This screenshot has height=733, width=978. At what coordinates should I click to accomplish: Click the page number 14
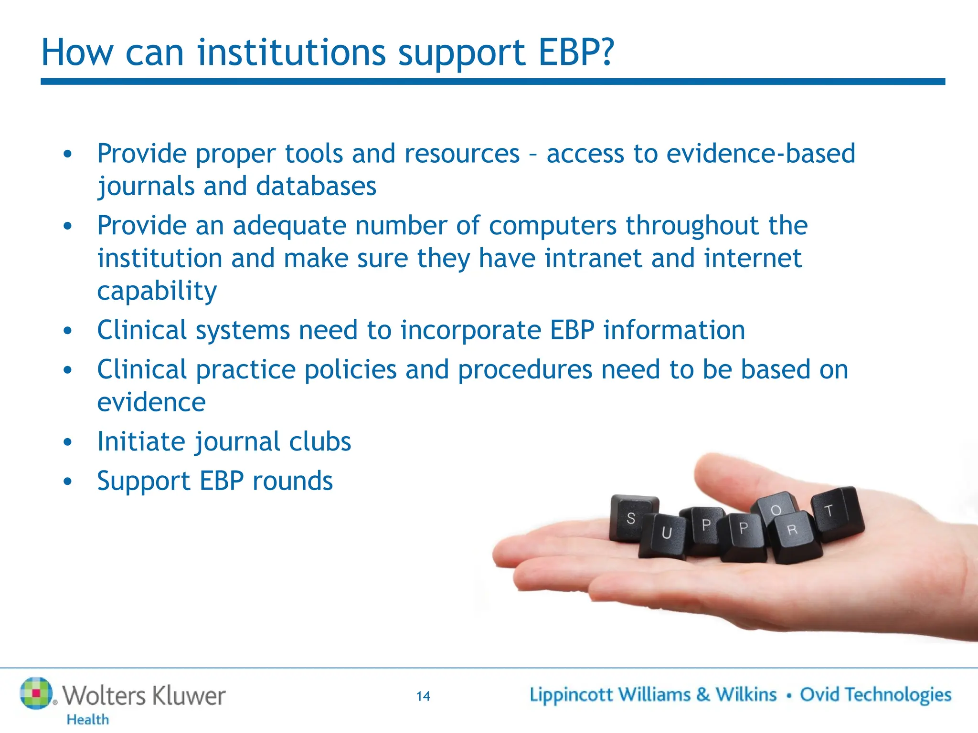[x=423, y=696]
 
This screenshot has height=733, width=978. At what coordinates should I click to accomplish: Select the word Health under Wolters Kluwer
[x=88, y=720]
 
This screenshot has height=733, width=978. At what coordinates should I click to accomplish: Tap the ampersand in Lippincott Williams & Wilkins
[x=702, y=695]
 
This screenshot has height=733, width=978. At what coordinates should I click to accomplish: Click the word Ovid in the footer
[x=818, y=695]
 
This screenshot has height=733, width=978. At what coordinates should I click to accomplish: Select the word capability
[x=157, y=291]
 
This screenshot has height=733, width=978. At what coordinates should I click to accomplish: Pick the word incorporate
[x=470, y=330]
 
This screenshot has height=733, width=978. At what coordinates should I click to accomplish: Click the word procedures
[x=525, y=370]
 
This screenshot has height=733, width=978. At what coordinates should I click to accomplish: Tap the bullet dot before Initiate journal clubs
[x=68, y=442]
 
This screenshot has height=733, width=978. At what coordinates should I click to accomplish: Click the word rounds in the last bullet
[x=292, y=481]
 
